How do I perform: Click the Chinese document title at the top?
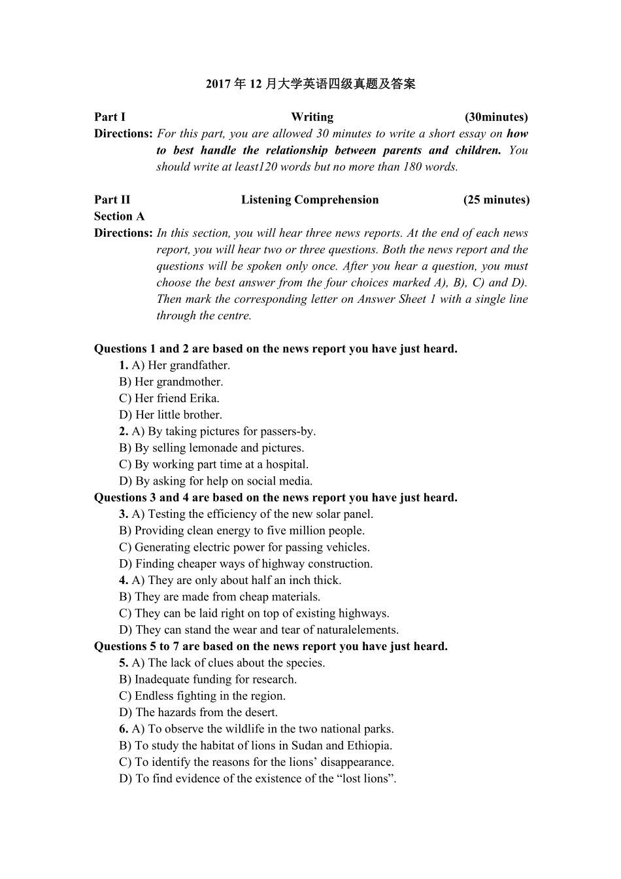pyautogui.click(x=310, y=84)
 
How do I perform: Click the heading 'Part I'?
pyautogui.click(x=109, y=117)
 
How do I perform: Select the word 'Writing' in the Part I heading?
pyautogui.click(x=312, y=117)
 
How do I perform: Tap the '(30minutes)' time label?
pyautogui.click(x=496, y=117)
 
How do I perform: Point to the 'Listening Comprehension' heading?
pyautogui.click(x=310, y=200)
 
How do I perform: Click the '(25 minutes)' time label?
pyautogui.click(x=496, y=200)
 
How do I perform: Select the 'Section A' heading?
pyautogui.click(x=119, y=216)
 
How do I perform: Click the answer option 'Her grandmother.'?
pyautogui.click(x=171, y=382)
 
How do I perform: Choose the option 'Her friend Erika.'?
pyautogui.click(x=169, y=398)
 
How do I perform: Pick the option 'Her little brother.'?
pyautogui.click(x=171, y=415)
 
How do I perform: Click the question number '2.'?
pyautogui.click(x=124, y=432)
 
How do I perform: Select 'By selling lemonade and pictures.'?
pyautogui.click(x=211, y=448)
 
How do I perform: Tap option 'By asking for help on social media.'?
pyautogui.click(x=216, y=481)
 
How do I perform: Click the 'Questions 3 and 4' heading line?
pyautogui.click(x=275, y=498)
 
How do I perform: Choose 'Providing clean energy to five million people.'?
pyautogui.click(x=242, y=531)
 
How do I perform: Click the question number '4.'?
pyautogui.click(x=124, y=580)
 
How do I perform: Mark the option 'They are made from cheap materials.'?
pyautogui.click(x=220, y=597)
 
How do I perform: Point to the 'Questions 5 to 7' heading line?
pyautogui.click(x=271, y=646)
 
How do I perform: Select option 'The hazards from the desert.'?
pyautogui.click(x=198, y=713)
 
